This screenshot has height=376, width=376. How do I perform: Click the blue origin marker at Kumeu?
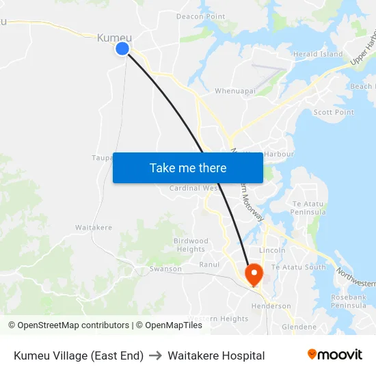[x=122, y=48]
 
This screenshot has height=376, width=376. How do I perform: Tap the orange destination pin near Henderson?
[x=254, y=275]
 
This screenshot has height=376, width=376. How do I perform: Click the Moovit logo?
[x=334, y=355]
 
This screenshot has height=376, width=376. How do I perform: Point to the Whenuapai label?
[x=235, y=90]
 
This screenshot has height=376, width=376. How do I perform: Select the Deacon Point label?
[x=200, y=16]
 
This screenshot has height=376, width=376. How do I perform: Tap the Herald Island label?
[x=318, y=54]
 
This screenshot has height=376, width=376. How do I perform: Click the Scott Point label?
[x=334, y=112]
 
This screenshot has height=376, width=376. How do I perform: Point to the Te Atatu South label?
[x=299, y=267]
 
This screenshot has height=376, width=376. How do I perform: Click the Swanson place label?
[x=166, y=269]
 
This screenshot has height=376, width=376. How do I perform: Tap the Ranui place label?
[x=209, y=265]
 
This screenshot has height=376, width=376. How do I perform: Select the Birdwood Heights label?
[x=191, y=245]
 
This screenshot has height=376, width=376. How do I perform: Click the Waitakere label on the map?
[x=94, y=227]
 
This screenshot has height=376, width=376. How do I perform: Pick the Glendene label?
[x=299, y=327]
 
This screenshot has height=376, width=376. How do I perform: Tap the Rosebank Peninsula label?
[x=349, y=301]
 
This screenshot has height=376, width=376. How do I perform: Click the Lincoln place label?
[x=272, y=250]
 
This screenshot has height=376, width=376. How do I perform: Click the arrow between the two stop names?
[x=155, y=355]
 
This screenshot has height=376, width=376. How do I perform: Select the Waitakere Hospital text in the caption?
[x=216, y=355]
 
